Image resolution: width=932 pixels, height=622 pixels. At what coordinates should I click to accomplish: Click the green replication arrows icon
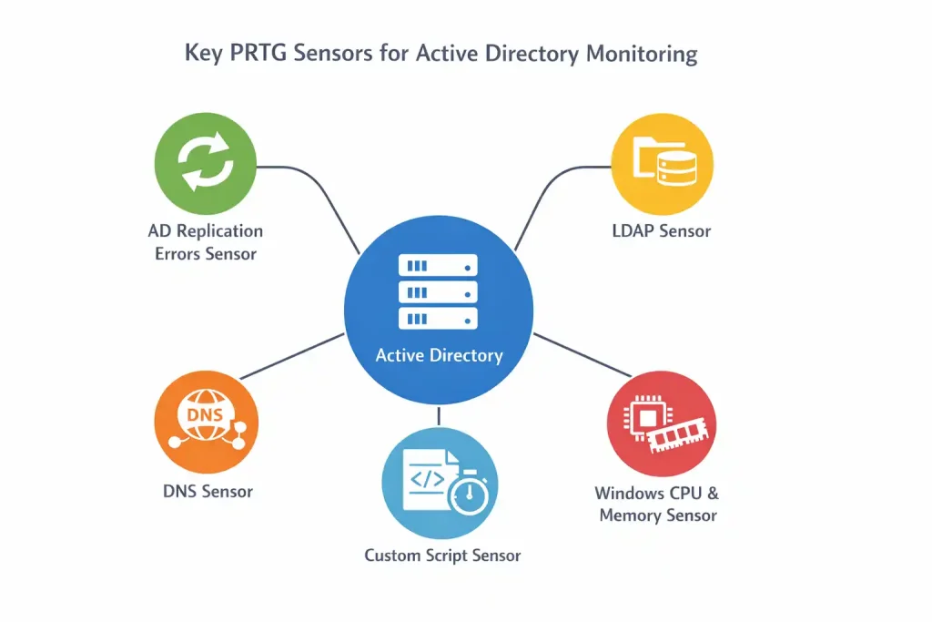[x=207, y=164]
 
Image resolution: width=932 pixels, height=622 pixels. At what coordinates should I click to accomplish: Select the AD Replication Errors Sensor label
[x=205, y=242]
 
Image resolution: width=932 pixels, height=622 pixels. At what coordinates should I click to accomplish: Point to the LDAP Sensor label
[x=661, y=231]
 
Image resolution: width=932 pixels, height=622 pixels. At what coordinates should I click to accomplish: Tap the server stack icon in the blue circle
[x=438, y=291]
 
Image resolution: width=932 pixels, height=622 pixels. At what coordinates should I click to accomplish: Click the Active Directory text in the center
[x=439, y=355]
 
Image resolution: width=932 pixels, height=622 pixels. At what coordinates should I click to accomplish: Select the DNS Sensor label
[x=208, y=492]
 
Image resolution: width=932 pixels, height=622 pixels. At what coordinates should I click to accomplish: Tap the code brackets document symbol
[x=427, y=477]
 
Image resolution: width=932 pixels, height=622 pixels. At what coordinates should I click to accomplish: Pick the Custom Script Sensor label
[x=442, y=555]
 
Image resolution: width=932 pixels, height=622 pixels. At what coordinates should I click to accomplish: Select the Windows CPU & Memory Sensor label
[x=657, y=505]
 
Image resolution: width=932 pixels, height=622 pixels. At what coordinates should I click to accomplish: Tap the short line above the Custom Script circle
[x=439, y=415]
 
